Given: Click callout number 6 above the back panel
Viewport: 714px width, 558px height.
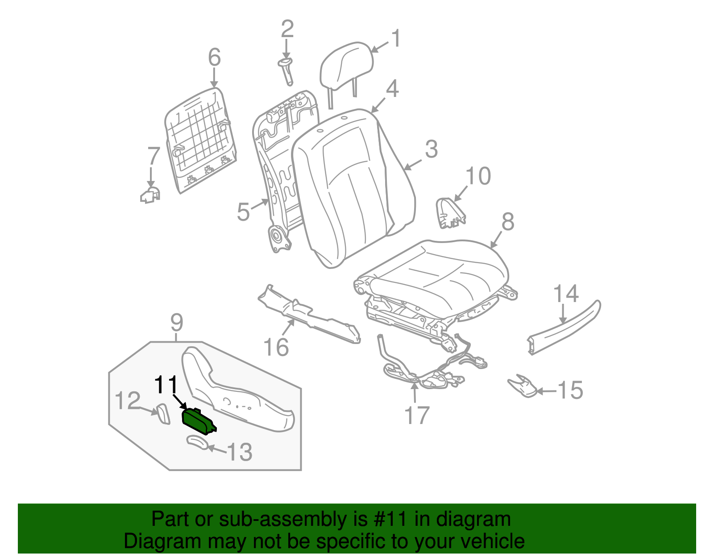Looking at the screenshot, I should point(214,58).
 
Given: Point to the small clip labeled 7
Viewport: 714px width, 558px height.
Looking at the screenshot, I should point(150,195).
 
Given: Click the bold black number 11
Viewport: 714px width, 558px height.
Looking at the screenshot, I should point(166,385).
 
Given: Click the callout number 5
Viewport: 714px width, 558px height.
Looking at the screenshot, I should point(243,212).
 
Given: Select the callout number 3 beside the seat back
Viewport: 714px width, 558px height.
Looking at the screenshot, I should point(431,149).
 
